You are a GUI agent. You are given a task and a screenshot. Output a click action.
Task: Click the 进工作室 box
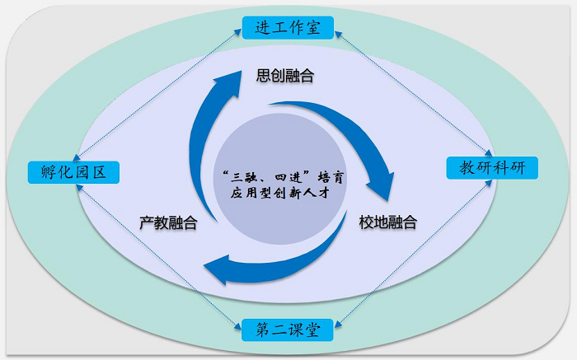288,27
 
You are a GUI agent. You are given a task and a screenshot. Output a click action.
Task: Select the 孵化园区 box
73,172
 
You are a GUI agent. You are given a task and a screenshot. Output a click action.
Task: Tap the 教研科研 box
492,168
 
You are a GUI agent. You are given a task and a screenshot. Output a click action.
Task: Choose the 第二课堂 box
288,330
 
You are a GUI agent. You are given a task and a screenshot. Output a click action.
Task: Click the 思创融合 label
285,76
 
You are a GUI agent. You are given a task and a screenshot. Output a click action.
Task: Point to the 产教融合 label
168,222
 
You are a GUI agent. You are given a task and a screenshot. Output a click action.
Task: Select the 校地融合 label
388,222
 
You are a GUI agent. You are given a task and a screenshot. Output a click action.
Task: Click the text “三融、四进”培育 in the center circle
283,177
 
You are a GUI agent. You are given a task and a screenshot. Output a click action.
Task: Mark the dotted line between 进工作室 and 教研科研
413,93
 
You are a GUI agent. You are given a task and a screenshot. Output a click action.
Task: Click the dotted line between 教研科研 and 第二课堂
413,254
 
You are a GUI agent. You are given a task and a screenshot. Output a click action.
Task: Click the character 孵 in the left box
48,172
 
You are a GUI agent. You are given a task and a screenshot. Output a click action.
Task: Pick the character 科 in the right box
501,168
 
